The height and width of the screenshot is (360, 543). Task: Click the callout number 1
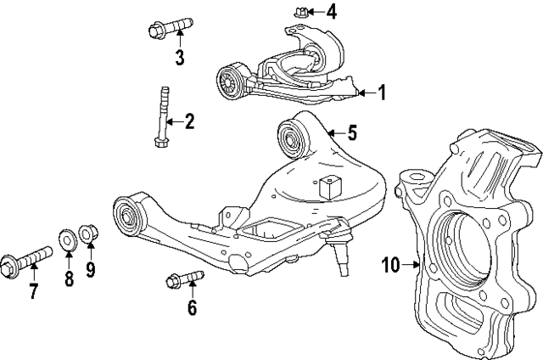click(382, 93)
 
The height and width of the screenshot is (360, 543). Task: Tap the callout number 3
click(179, 58)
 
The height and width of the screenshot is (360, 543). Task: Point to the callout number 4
click(332, 12)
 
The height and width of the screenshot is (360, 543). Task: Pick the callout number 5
click(352, 132)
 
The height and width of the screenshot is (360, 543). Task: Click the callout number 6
click(192, 307)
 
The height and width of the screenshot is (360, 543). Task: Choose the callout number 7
click(33, 292)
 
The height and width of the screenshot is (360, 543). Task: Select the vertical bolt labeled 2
click(161, 118)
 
